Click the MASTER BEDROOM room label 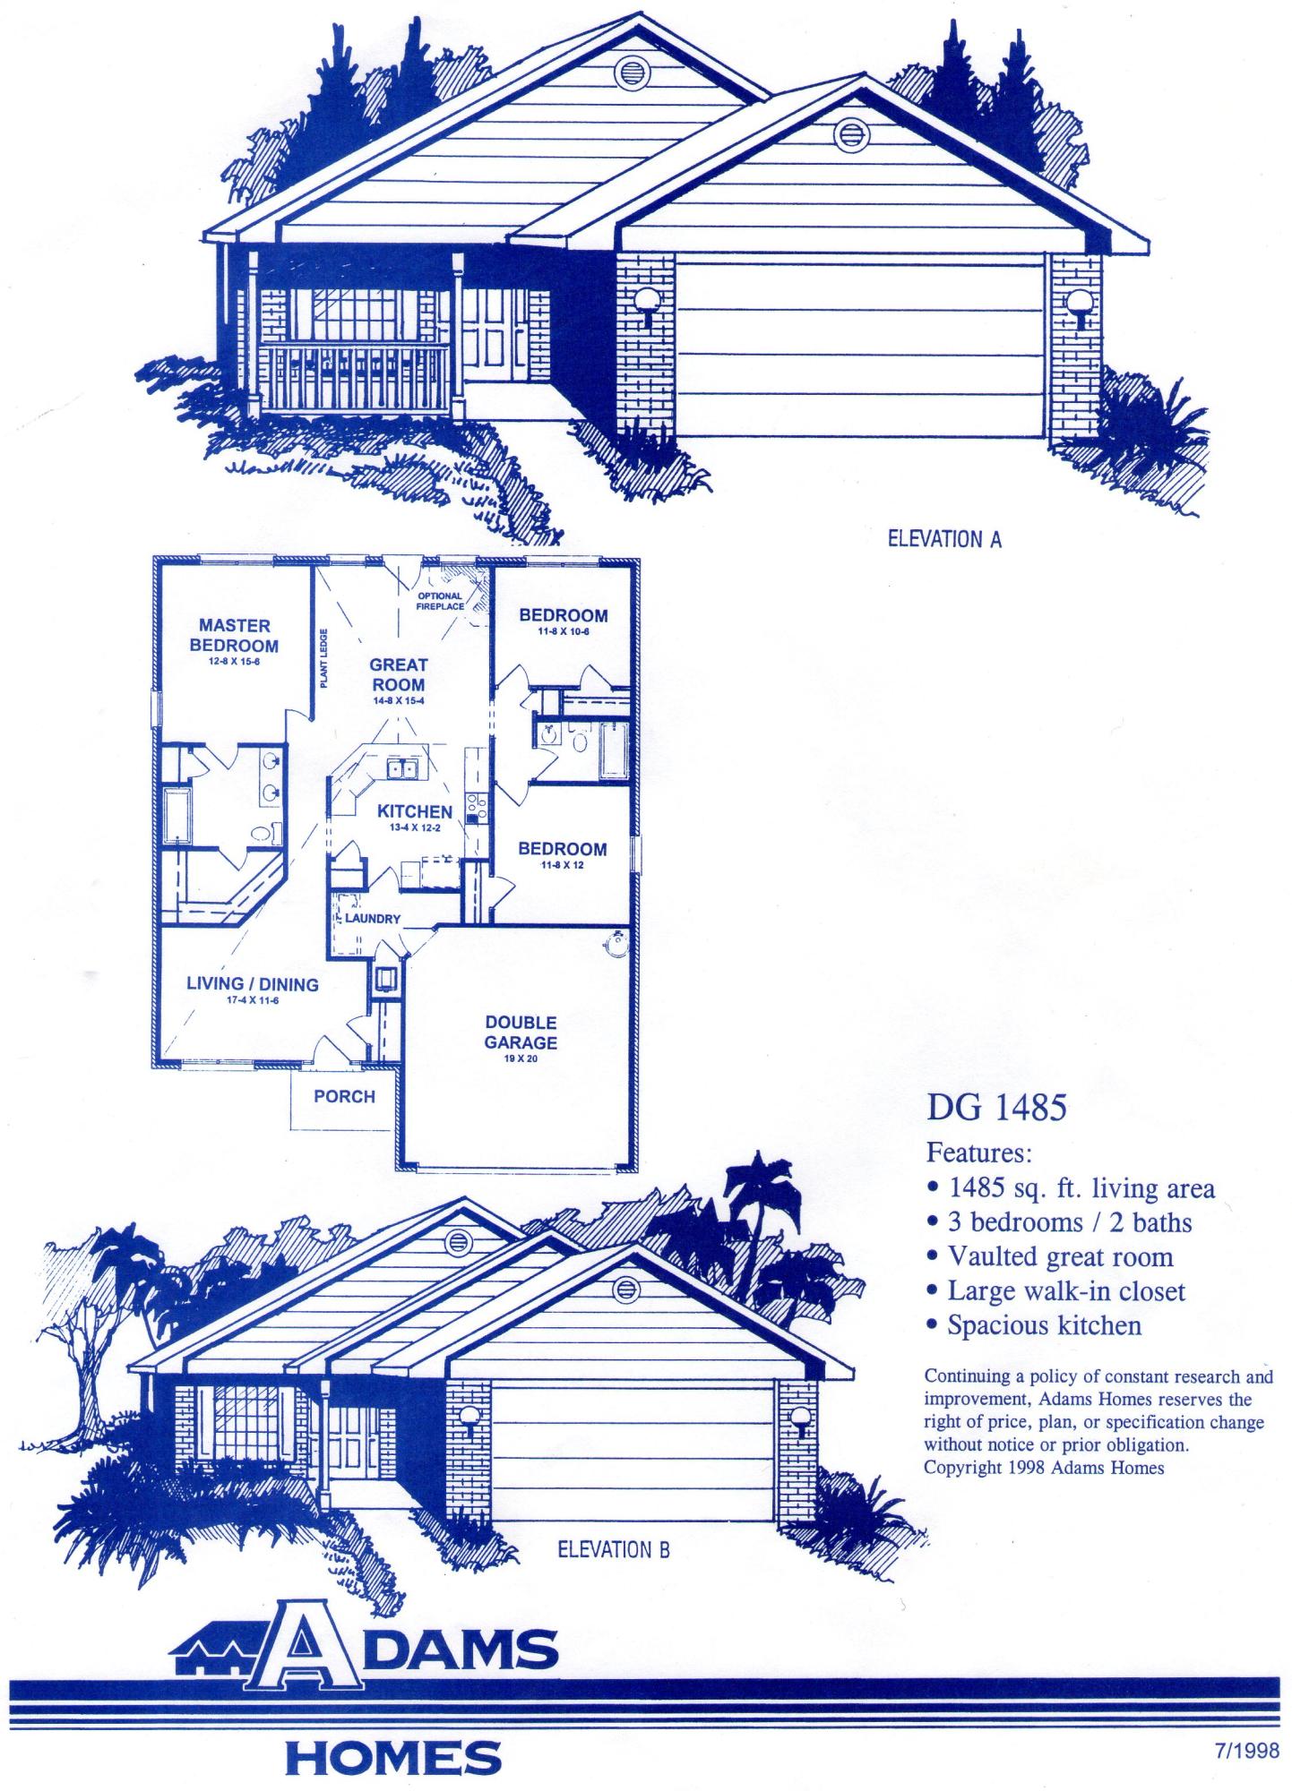(234, 636)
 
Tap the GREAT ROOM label (399, 675)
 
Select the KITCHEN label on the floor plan (414, 811)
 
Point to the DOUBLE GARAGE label (521, 1033)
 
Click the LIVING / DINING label (252, 984)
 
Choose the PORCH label (344, 1096)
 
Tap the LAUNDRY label (372, 919)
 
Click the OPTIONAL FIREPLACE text (440, 601)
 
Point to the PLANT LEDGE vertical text (323, 658)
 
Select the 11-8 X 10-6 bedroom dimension (563, 632)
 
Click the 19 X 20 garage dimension (521, 1059)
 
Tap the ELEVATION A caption (943, 539)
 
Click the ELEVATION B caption (613, 1550)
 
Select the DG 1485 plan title (996, 1110)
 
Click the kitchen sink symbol (400, 767)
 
